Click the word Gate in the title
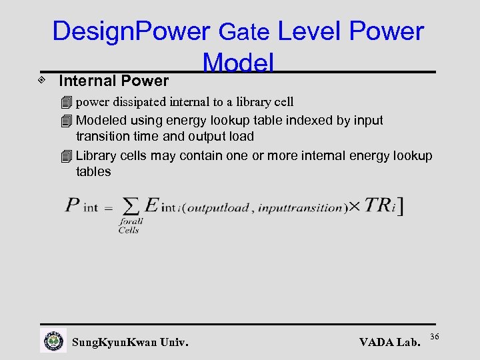(x=244, y=31)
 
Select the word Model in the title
(x=238, y=63)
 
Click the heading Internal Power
(x=114, y=81)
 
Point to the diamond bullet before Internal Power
(x=42, y=80)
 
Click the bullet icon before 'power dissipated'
(x=65, y=103)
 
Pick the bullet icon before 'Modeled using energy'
(x=65, y=121)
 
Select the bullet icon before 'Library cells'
(x=65, y=157)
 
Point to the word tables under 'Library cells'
(x=93, y=172)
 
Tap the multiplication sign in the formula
(x=355, y=206)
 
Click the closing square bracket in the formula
(x=400, y=205)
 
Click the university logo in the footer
(x=53, y=341)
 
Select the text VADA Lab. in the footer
(x=390, y=343)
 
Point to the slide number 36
(x=436, y=335)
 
